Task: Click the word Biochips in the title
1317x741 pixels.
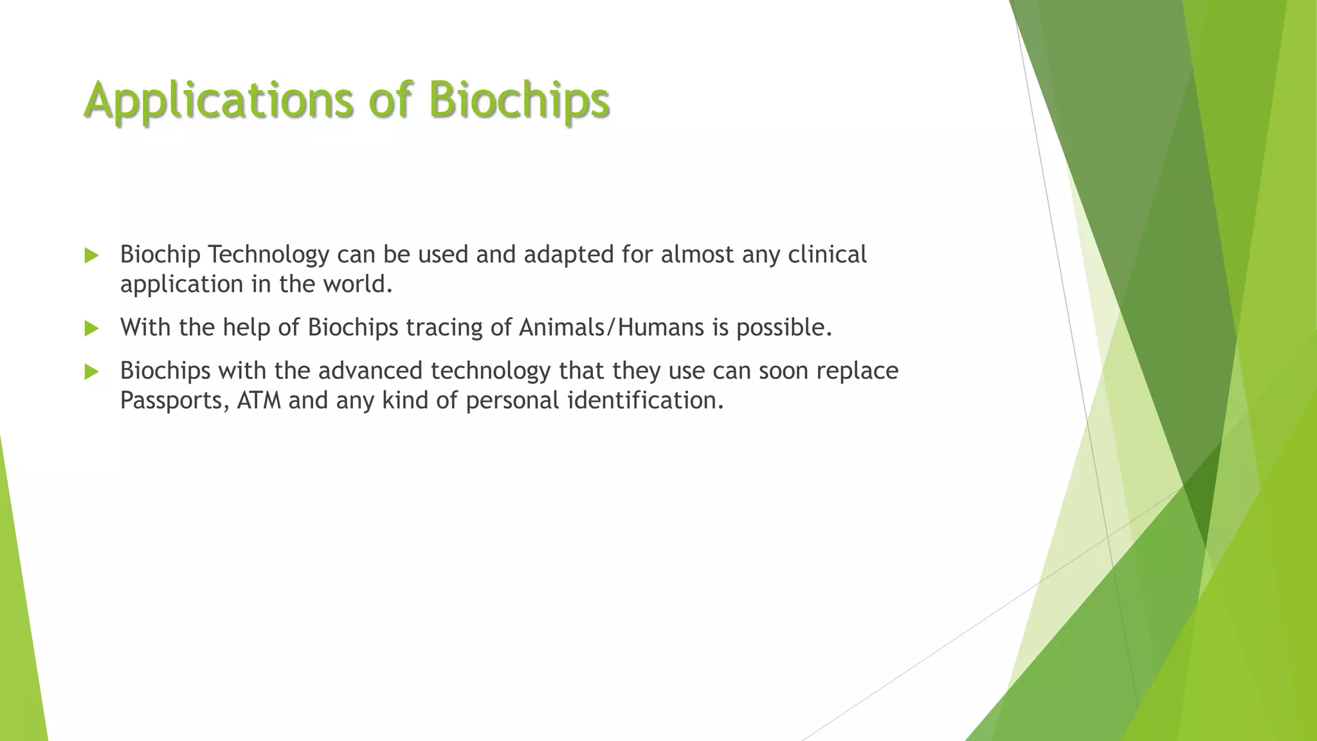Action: [x=518, y=100]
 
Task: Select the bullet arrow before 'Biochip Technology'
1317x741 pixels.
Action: [x=91, y=256]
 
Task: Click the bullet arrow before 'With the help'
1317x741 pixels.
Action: [x=91, y=329]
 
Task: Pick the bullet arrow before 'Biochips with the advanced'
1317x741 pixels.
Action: [x=91, y=372]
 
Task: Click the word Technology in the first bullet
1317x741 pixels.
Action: [x=268, y=255]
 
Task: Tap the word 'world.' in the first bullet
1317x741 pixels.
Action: [x=357, y=284]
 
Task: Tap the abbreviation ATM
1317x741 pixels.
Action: [x=259, y=401]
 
